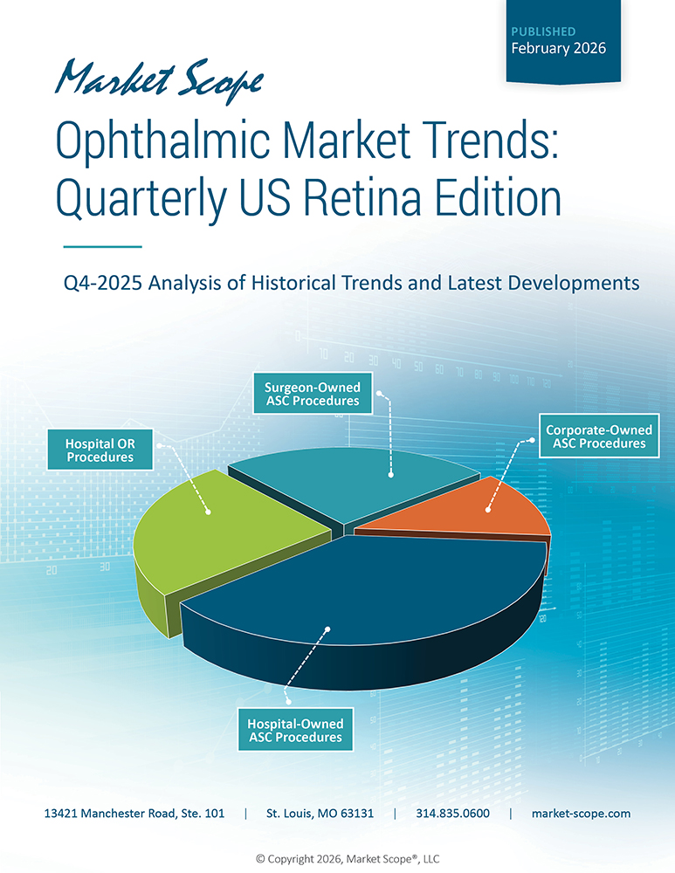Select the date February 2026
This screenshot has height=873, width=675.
pos(558,48)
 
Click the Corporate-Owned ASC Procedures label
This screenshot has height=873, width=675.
pos(598,436)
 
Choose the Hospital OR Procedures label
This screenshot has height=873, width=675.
pos(100,450)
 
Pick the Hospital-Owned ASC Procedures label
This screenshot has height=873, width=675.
pos(295,731)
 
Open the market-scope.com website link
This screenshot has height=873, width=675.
pos(581,814)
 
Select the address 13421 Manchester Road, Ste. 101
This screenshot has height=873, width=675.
pos(134,814)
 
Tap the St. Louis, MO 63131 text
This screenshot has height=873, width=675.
pos(320,814)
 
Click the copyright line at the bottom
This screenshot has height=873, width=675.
pos(337,857)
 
